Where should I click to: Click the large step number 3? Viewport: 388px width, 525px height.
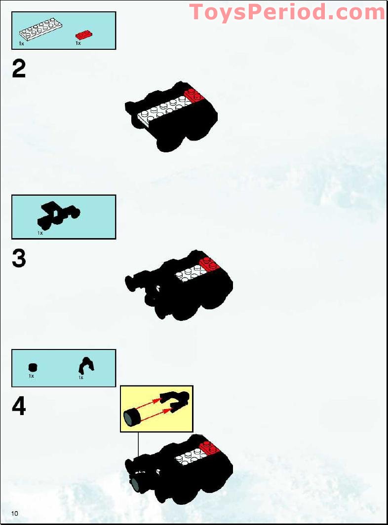click(19, 258)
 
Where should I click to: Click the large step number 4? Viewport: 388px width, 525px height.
click(19, 407)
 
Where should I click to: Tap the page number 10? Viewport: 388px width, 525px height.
click(15, 514)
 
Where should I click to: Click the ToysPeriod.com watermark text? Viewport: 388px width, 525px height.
click(287, 12)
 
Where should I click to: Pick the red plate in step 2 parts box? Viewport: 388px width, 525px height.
click(84, 35)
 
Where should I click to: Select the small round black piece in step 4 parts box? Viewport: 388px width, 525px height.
click(33, 367)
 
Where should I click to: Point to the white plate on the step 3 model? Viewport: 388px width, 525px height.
click(190, 272)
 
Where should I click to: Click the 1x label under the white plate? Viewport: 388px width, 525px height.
click(22, 44)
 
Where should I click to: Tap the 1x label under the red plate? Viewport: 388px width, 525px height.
click(78, 43)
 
